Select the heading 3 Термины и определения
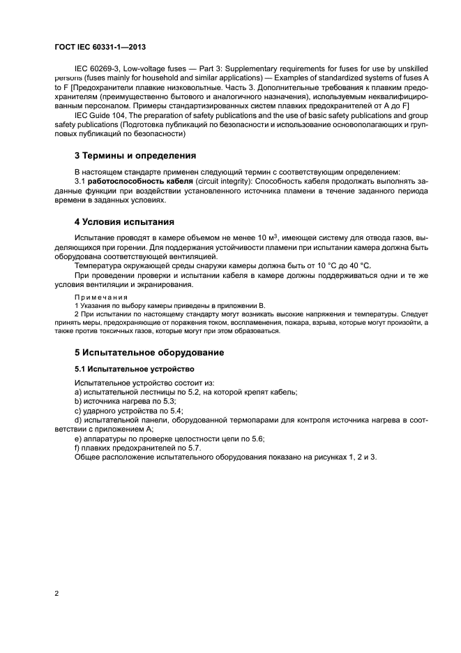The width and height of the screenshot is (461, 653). pos(135,155)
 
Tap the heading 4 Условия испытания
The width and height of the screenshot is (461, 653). pos(124,222)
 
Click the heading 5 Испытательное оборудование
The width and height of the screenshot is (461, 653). pos(149,352)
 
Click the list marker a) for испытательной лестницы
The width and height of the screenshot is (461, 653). pos(77,392)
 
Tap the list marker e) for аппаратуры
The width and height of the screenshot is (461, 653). pos(77,438)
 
